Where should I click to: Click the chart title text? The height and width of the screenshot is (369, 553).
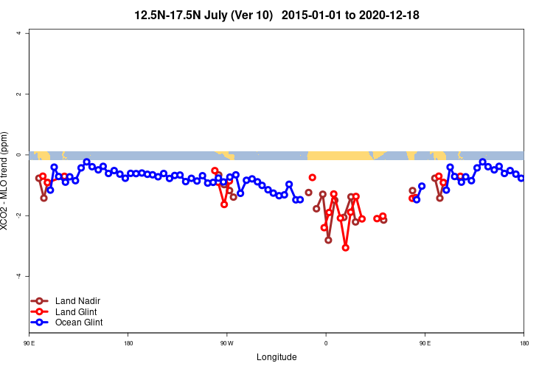[277, 15]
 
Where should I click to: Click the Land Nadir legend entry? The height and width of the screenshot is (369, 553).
[77, 301]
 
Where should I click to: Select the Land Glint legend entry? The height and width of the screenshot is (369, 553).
[76, 311]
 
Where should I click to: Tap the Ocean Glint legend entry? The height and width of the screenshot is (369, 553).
[78, 323]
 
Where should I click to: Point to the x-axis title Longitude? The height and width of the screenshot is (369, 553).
[276, 357]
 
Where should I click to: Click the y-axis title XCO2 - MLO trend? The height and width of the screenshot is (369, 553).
[6, 182]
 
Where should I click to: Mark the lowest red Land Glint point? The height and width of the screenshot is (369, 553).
[345, 248]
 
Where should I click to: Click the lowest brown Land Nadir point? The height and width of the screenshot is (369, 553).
[328, 240]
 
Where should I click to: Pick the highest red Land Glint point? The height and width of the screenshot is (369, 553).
[215, 170]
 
